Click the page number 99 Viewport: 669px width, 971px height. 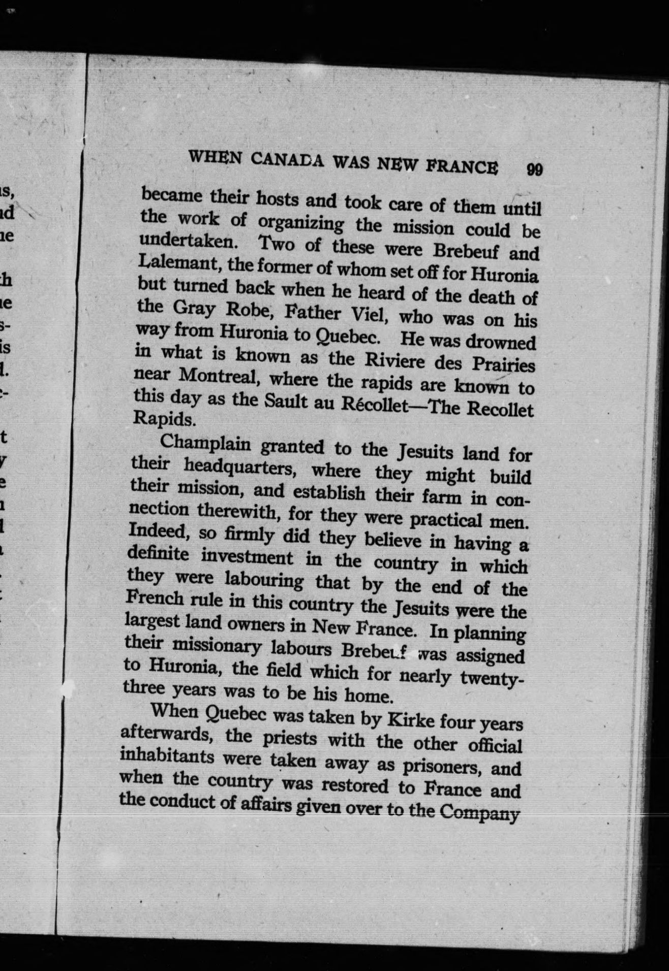(534, 169)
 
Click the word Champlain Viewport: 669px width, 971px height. (205, 443)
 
